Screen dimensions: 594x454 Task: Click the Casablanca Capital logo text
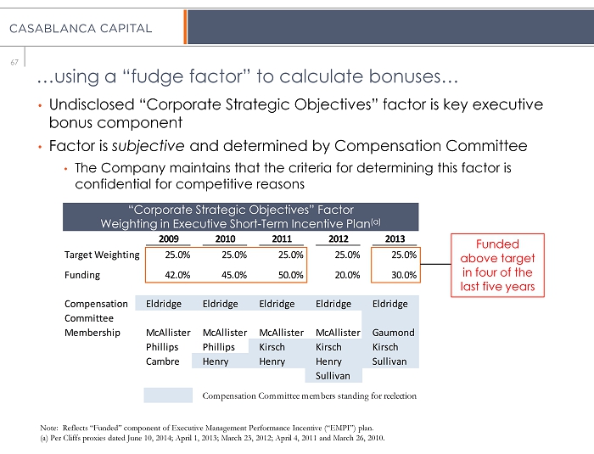pyautogui.click(x=81, y=28)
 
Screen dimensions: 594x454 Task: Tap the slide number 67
pyautogui.click(x=14, y=62)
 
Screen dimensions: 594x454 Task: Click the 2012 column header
pyautogui.click(x=339, y=238)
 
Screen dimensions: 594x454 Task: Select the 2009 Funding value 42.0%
pyautogui.click(x=177, y=275)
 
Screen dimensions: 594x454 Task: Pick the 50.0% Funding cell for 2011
pyautogui.click(x=290, y=275)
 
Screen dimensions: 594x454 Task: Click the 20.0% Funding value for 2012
pyautogui.click(x=347, y=275)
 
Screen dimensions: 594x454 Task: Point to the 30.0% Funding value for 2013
pyautogui.click(x=404, y=275)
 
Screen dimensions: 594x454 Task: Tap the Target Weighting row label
pyautogui.click(x=102, y=255)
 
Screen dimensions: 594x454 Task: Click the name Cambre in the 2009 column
pyautogui.click(x=163, y=362)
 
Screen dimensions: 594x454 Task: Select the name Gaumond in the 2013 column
pyautogui.click(x=393, y=333)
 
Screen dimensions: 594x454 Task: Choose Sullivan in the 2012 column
pyautogui.click(x=333, y=376)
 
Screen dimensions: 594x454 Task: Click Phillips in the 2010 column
pyautogui.click(x=219, y=347)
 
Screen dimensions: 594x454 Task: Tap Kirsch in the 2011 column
pyautogui.click(x=272, y=347)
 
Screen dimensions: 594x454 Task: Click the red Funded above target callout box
pyautogui.click(x=497, y=234)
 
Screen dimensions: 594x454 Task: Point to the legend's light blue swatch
pyautogui.click(x=168, y=395)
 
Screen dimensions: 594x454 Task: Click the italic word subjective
pyautogui.click(x=148, y=146)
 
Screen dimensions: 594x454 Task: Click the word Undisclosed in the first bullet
pyautogui.click(x=92, y=104)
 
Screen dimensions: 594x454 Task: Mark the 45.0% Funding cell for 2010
pyautogui.click(x=234, y=275)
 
